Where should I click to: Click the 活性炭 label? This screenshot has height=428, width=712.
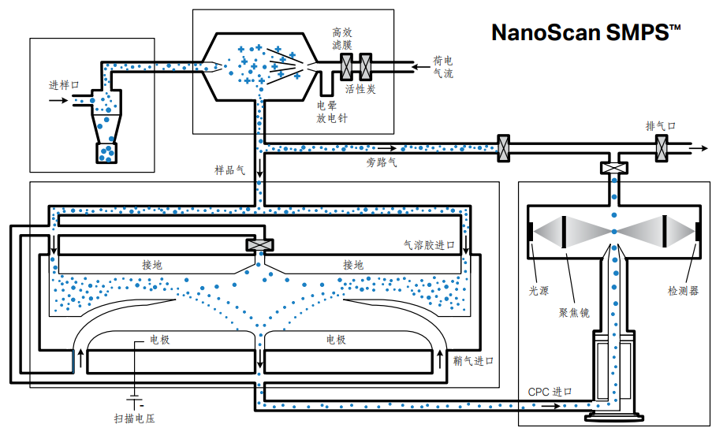(x=360, y=89)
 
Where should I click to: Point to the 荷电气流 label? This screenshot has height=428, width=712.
(x=443, y=67)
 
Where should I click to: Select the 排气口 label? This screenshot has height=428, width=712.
(x=661, y=126)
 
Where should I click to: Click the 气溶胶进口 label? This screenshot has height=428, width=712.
(x=429, y=246)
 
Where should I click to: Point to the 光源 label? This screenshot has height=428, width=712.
(x=538, y=290)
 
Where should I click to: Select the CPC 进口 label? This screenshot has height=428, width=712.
(x=550, y=392)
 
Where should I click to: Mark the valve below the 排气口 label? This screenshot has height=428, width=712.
(x=662, y=147)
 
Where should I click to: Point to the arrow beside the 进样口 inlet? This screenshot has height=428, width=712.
(x=58, y=101)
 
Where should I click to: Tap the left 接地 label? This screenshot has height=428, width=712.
(x=152, y=265)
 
